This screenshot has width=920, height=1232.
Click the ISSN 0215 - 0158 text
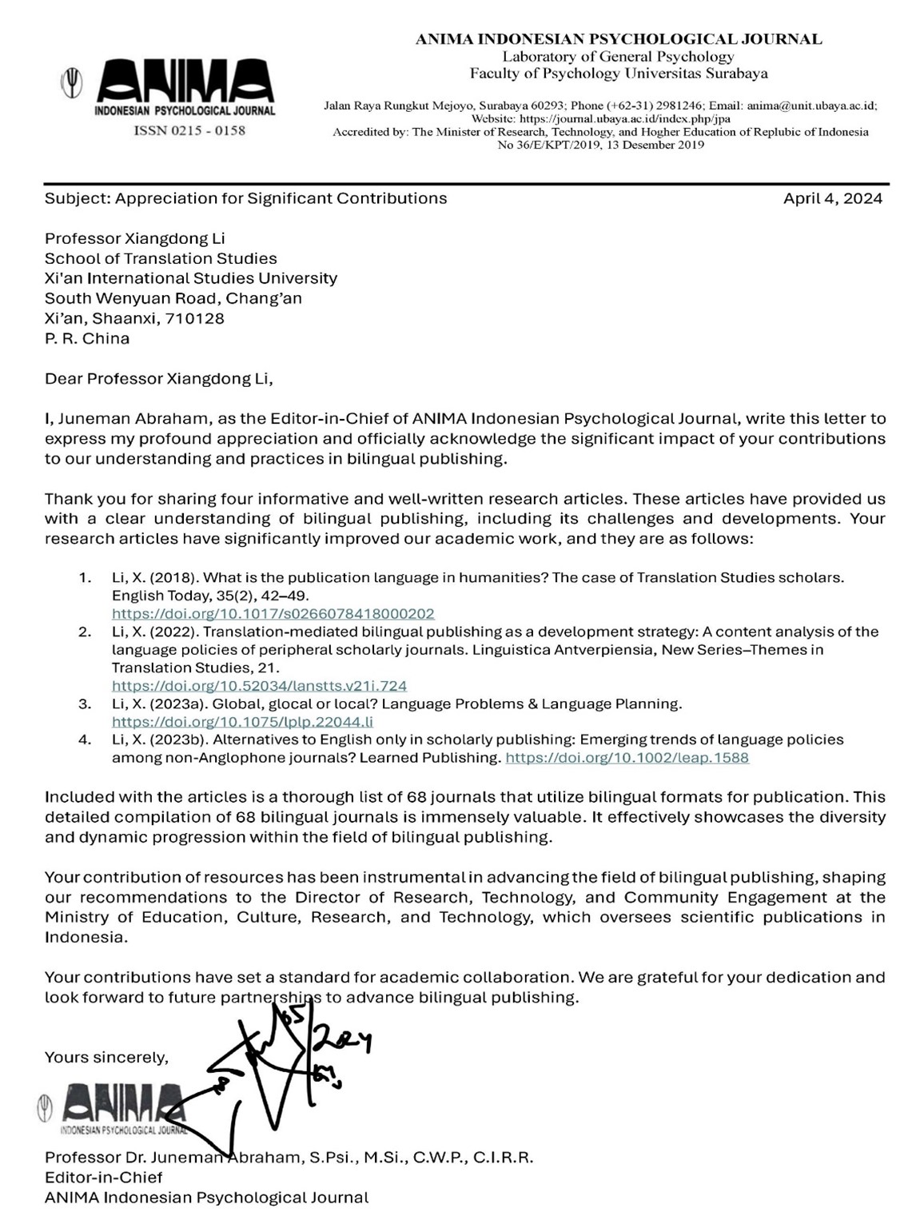189,130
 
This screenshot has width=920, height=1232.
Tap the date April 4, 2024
832,198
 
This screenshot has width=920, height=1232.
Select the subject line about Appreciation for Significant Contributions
245,198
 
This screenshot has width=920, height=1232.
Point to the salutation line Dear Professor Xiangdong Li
158,378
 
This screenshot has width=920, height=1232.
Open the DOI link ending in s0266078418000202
273,614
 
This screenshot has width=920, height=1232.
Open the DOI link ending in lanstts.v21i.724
259,686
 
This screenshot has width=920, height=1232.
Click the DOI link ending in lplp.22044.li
242,722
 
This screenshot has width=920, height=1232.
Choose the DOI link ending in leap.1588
627,757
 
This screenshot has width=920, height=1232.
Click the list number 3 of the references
85,704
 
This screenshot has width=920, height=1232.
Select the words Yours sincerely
106,1057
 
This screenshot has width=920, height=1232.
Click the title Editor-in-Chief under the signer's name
103,1177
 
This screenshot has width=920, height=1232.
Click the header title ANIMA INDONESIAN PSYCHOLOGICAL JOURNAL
618,38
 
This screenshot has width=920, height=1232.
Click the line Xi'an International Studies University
190,278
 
